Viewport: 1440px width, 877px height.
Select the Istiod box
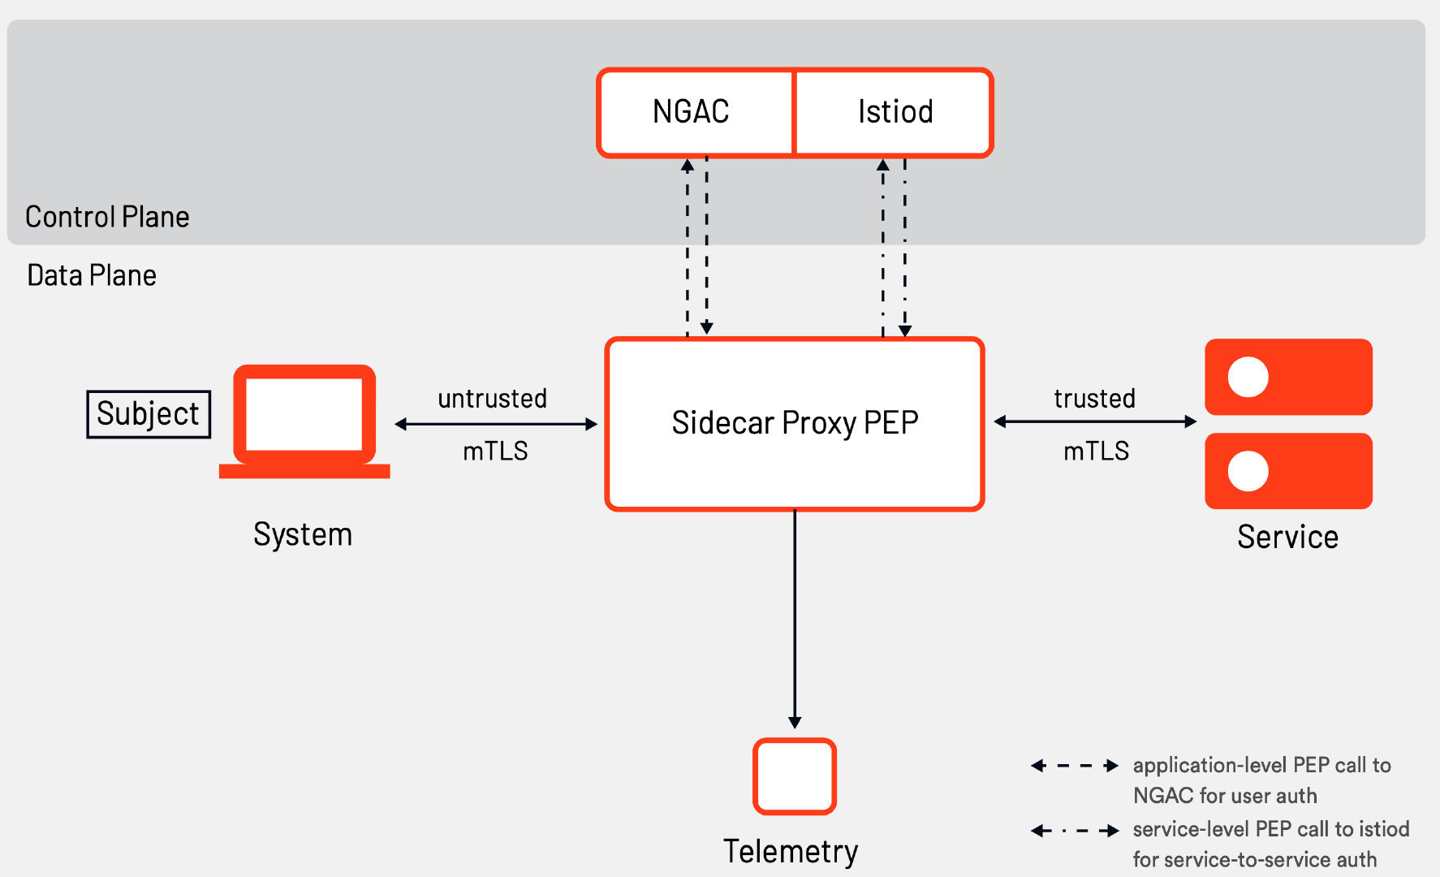(x=895, y=112)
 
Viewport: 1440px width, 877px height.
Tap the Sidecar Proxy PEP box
(x=795, y=424)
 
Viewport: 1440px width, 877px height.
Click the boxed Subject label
(x=149, y=414)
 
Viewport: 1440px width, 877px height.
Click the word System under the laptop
(x=303, y=534)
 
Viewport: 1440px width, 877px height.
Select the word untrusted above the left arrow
(x=492, y=399)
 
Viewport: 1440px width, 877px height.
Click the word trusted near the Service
(x=1094, y=399)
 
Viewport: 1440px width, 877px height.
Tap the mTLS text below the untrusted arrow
(x=495, y=451)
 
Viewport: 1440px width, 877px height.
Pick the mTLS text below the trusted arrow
(x=1096, y=451)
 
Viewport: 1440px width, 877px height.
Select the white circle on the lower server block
(x=1248, y=471)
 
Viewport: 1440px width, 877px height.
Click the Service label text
(x=1287, y=537)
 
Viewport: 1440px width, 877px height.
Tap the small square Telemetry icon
(x=795, y=776)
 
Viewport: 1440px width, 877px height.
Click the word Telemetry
(x=791, y=852)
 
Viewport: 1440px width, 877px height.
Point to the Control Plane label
(x=107, y=217)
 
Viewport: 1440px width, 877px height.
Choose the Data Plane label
(x=92, y=275)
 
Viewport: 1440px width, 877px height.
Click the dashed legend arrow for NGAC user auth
(x=1075, y=766)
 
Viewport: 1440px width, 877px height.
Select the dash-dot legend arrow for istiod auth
(x=1075, y=831)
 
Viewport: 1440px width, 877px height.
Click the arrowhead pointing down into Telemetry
(x=795, y=722)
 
